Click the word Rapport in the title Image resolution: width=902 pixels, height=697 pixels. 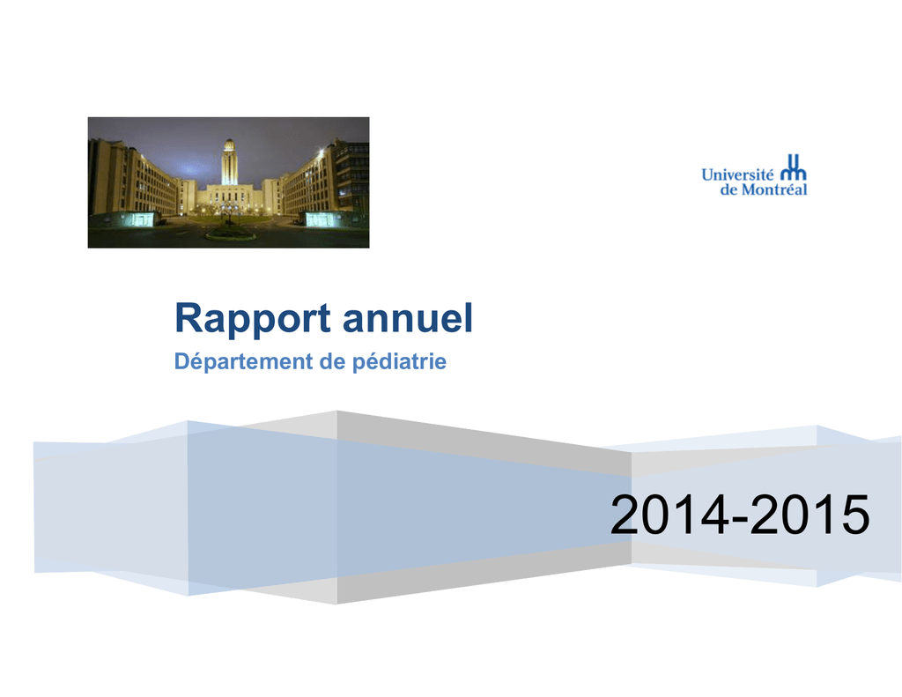tap(253, 319)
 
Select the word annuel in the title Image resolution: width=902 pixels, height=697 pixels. tap(408, 318)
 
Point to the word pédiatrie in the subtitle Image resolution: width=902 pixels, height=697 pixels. tap(399, 362)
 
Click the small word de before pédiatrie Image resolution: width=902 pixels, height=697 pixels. tap(332, 361)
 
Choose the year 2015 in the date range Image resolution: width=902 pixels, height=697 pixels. tap(810, 515)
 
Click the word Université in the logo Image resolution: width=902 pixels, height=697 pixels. tap(737, 174)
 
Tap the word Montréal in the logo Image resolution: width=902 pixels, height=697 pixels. tap(773, 189)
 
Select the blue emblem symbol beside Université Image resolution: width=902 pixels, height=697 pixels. tap(794, 167)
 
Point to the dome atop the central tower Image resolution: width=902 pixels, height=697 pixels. tap(229, 144)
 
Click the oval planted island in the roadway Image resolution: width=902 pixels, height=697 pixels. tap(230, 234)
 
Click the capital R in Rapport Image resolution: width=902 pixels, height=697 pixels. tap(189, 317)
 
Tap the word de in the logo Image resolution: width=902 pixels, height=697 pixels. tap(728, 189)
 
